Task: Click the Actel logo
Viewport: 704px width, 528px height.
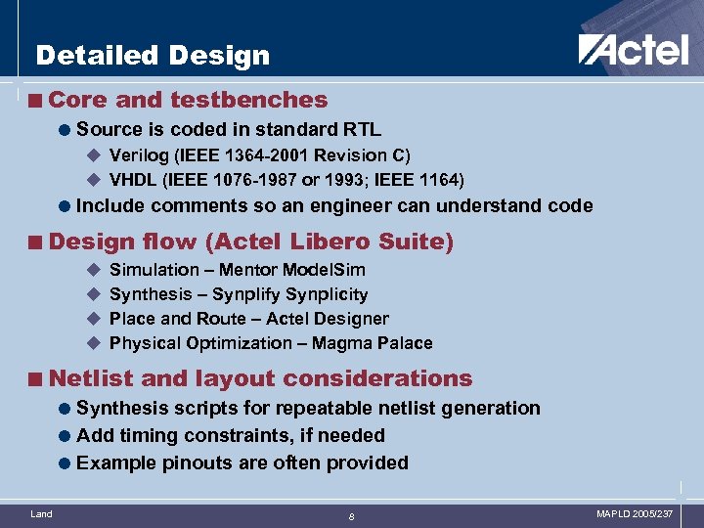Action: tap(633, 49)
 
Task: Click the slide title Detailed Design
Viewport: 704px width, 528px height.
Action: tap(152, 56)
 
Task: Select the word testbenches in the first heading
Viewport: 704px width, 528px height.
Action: tap(248, 100)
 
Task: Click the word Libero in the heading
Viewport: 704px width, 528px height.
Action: tap(319, 242)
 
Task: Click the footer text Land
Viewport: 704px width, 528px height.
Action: tap(41, 513)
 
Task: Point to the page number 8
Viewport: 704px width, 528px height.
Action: tap(351, 516)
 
